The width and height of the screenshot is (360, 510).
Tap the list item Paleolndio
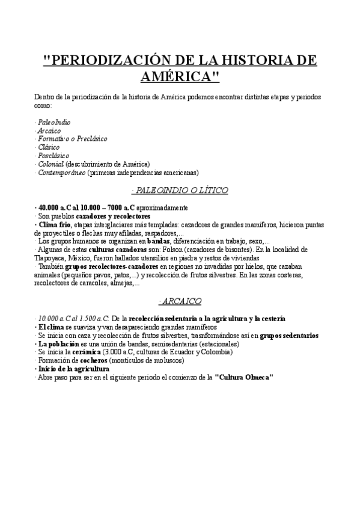pos(53,122)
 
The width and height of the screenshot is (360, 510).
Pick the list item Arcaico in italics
pos(49,131)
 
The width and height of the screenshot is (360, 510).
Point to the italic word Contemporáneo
pos(61,172)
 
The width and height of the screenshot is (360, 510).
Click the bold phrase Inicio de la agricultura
pos(73,369)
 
